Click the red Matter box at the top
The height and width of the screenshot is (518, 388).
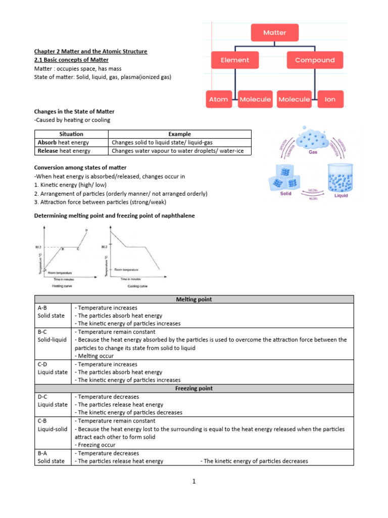pos(275,32)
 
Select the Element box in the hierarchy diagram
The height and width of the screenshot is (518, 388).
pos(235,60)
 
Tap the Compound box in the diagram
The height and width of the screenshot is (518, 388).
pos(315,60)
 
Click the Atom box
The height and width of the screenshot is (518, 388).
pos(219,99)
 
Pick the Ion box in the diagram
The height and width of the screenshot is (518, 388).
pos(330,99)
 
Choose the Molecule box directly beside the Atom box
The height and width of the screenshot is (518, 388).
pos(255,99)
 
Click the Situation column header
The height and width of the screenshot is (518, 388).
pos(71,134)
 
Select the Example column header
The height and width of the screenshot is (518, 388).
pos(180,134)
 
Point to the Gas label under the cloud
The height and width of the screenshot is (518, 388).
pos(313,152)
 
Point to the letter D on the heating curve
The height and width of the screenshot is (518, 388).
pos(86,231)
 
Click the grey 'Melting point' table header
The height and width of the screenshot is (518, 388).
pos(194,299)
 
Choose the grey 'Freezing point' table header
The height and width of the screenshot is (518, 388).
pos(194,388)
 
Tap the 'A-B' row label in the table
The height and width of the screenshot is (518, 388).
pos(43,308)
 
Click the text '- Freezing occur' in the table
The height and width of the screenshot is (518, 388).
pos(95,445)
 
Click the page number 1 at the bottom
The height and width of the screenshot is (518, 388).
pos(193,482)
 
